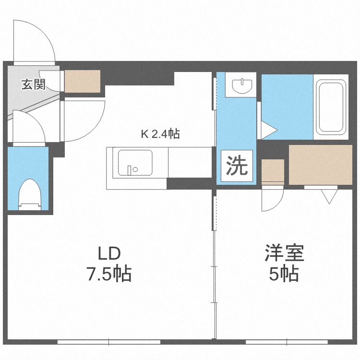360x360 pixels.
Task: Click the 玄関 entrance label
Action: pyautogui.click(x=33, y=85)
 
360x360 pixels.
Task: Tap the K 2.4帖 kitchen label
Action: pyautogui.click(x=160, y=134)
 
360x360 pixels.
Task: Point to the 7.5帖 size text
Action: pyautogui.click(x=109, y=274)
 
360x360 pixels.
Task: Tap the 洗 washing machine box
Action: pyautogui.click(x=237, y=166)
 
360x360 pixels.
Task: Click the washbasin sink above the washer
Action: pyautogui.click(x=242, y=86)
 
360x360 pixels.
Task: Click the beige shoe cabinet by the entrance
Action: pyautogui.click(x=83, y=82)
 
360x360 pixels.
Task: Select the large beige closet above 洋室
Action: pyautogui.click(x=320, y=165)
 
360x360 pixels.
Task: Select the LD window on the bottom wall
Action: pyautogui.click(x=109, y=342)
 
